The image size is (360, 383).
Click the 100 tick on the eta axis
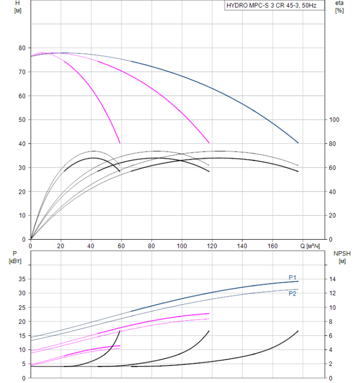pos(334,120)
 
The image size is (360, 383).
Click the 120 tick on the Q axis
pos(212,246)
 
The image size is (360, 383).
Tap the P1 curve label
pos(293,277)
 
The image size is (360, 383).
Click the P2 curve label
pos(293,294)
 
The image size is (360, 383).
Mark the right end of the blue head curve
pos(298,143)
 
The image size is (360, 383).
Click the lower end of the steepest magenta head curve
pos(120,142)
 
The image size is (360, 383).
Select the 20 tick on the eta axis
pos(332,216)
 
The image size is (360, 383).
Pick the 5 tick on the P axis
pos(22,364)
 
